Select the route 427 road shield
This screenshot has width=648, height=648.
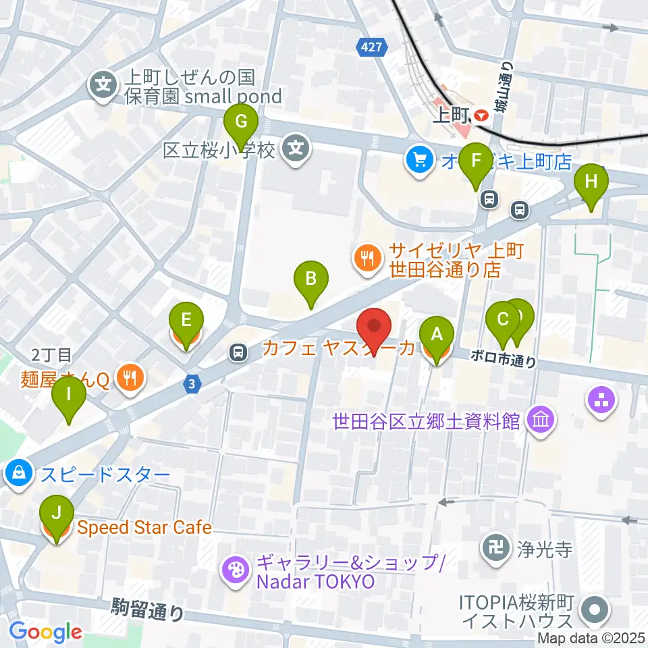click(365, 45)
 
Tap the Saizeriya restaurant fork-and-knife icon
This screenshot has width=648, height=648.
click(367, 257)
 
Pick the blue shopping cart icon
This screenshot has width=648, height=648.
click(420, 159)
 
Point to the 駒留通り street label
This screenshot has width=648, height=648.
click(147, 609)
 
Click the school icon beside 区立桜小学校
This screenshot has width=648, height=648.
click(296, 148)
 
